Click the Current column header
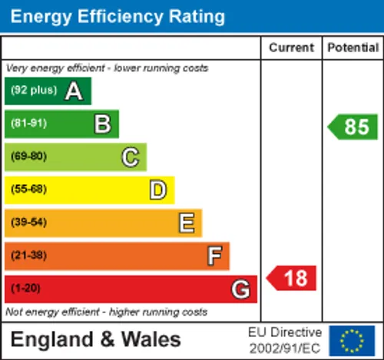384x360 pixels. coord(291,48)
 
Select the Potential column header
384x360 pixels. coord(353,48)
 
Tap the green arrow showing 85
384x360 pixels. coord(353,127)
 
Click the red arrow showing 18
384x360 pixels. coord(291,278)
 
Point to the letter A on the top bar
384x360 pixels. coord(74,91)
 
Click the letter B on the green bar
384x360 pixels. coord(103,124)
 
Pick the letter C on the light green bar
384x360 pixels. coord(131,157)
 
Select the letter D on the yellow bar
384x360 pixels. coord(158,190)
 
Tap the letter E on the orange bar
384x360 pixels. coord(187,223)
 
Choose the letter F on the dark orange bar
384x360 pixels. coord(214,256)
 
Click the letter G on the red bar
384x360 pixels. coord(240,289)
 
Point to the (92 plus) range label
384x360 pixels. coord(34,90)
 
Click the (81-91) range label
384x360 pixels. coord(29,124)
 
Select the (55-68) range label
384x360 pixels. coord(29,189)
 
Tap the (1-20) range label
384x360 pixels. coord(25,288)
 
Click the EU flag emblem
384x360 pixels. coord(352,341)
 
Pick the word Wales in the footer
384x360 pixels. coord(151,339)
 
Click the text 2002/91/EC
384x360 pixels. coord(285,348)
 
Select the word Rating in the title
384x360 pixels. coord(197,17)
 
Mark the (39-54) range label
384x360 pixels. coord(29,222)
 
